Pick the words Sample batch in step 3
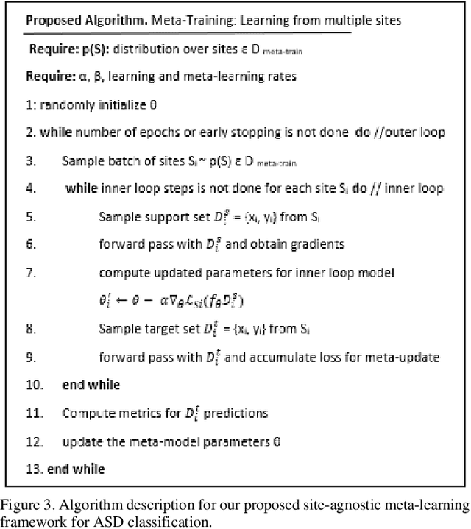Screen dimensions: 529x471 pos(96,161)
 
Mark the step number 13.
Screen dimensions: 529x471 pos(32,469)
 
